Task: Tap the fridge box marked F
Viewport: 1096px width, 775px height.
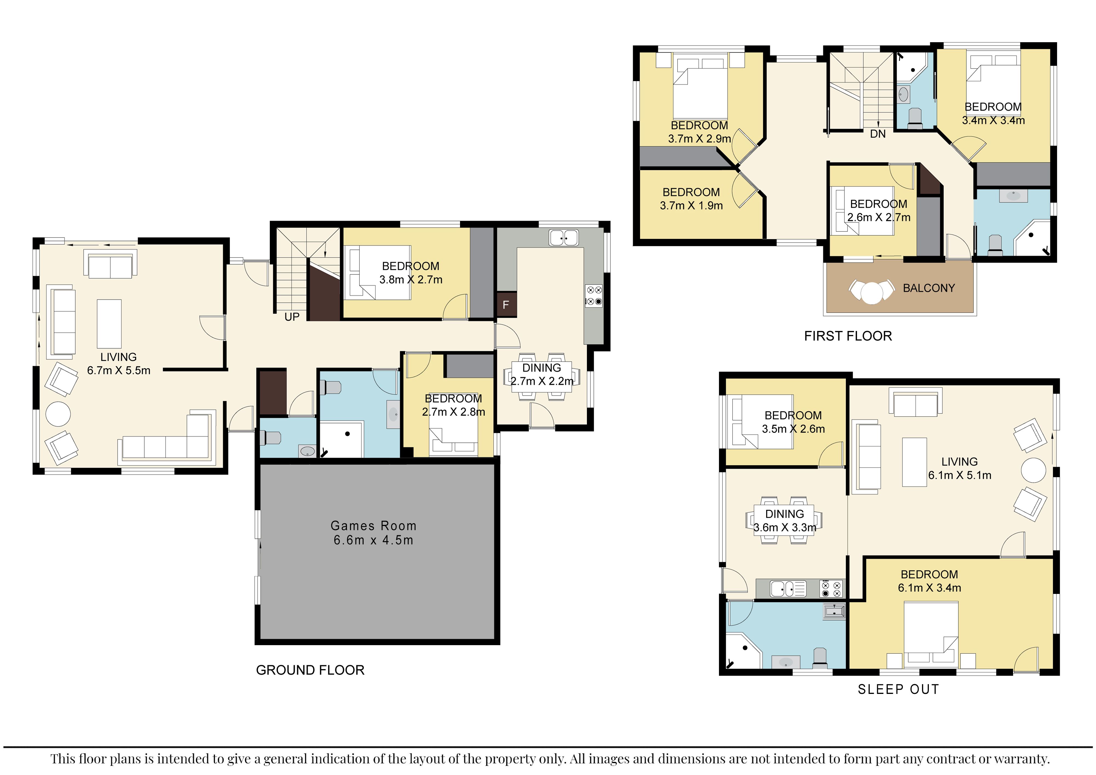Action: [x=506, y=304]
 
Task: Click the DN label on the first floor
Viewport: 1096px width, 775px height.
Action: [x=878, y=134]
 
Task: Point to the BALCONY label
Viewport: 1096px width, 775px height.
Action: [x=929, y=288]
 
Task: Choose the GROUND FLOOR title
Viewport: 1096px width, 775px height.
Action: [x=310, y=671]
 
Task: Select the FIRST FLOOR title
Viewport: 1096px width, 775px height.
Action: [x=848, y=336]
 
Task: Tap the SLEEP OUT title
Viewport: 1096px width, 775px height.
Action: [x=898, y=690]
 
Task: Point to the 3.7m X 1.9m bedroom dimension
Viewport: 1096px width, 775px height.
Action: [x=691, y=206]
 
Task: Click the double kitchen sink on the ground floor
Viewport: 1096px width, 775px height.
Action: [x=564, y=238]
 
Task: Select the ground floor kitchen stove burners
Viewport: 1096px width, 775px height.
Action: [x=594, y=295]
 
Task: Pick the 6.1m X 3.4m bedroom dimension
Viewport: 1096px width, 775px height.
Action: [x=929, y=588]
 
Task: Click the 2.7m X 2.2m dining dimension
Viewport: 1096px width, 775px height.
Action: [x=542, y=381]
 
